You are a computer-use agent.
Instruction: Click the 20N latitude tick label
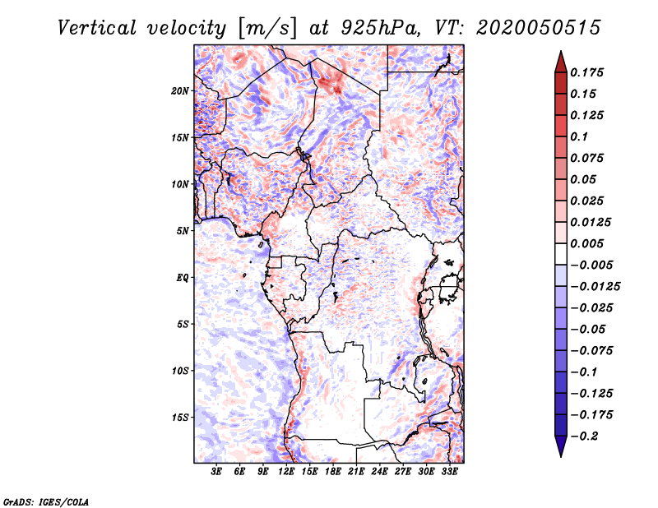point(180,91)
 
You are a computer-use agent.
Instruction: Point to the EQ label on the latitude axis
point(183,278)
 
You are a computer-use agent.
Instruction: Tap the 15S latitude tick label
point(180,418)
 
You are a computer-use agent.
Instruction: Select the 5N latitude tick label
point(183,231)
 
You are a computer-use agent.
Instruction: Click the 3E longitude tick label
point(216,471)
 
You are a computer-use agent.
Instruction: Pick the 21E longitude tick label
point(356,471)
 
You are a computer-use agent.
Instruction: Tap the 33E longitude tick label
point(449,471)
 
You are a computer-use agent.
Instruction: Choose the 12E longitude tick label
point(286,471)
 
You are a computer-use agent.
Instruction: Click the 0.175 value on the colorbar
point(586,72)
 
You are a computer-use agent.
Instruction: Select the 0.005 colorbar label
point(586,243)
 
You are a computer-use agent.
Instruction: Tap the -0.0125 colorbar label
point(595,287)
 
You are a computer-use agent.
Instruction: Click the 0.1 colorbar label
point(579,136)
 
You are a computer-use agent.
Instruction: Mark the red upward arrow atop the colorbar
point(561,62)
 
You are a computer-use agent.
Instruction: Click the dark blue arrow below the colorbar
point(561,446)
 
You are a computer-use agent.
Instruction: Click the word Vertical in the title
point(97,28)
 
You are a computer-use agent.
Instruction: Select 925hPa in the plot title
point(380,28)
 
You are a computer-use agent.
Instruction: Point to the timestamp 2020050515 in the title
point(539,28)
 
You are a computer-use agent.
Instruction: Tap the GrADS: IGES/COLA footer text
point(46,502)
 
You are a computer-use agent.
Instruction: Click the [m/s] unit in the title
point(267,29)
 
